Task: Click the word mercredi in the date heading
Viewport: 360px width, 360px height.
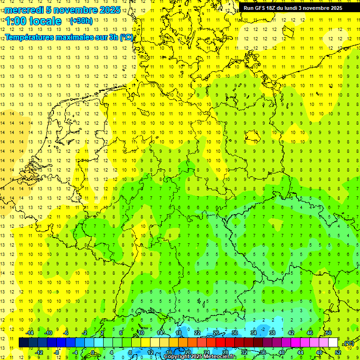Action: click(x=24, y=10)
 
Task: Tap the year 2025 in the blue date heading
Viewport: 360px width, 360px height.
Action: click(x=109, y=10)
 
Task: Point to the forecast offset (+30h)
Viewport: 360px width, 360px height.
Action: click(x=81, y=21)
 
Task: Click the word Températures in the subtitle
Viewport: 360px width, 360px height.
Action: click(x=28, y=37)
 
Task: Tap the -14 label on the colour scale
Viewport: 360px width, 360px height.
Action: click(x=30, y=333)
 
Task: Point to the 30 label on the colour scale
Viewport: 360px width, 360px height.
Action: click(x=235, y=333)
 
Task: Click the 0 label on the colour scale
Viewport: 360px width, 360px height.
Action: click(x=93, y=352)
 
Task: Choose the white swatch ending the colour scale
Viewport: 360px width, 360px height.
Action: click(x=333, y=342)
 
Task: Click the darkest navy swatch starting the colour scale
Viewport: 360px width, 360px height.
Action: click(x=23, y=342)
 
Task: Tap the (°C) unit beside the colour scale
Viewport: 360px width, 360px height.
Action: click(x=349, y=343)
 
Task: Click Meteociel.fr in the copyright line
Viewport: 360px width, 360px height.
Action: click(x=220, y=357)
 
